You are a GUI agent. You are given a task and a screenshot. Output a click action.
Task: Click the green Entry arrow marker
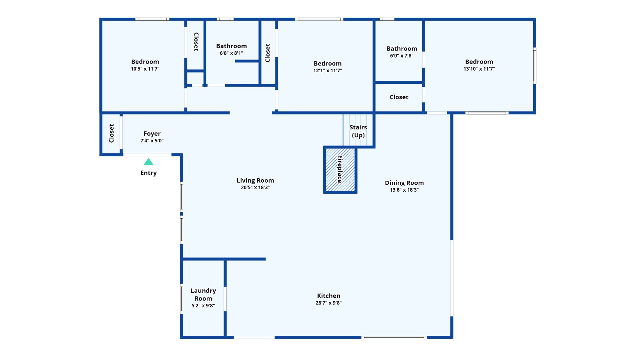point(149,162)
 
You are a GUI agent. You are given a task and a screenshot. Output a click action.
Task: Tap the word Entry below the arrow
point(149,173)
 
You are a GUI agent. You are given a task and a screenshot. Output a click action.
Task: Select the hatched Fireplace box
point(340,170)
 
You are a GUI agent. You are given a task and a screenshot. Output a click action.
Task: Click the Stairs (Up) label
point(358,131)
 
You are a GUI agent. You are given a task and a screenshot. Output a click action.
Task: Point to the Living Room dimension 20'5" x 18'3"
point(255,188)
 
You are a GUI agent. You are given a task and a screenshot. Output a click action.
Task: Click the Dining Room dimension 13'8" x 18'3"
point(404,190)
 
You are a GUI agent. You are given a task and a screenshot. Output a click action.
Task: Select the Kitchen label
point(329,296)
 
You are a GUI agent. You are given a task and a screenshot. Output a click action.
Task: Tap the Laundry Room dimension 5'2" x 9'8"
point(203,306)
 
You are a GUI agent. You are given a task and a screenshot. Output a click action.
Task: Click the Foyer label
point(152,134)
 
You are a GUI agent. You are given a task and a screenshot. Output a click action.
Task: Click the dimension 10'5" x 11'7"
point(145,69)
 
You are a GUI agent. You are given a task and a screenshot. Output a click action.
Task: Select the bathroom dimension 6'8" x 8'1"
point(231,53)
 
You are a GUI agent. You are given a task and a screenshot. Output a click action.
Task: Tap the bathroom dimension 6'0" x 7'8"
point(402,56)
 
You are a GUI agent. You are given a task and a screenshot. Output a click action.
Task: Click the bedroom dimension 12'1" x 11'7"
point(328,71)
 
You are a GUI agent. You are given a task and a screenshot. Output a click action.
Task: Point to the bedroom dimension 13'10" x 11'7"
point(479,69)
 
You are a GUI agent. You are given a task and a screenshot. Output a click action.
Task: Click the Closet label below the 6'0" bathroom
point(399,97)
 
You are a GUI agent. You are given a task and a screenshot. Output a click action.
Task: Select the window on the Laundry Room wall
point(181,299)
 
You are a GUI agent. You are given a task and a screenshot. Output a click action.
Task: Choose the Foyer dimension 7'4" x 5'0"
point(152,141)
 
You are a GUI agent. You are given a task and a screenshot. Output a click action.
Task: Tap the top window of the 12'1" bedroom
point(319,19)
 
